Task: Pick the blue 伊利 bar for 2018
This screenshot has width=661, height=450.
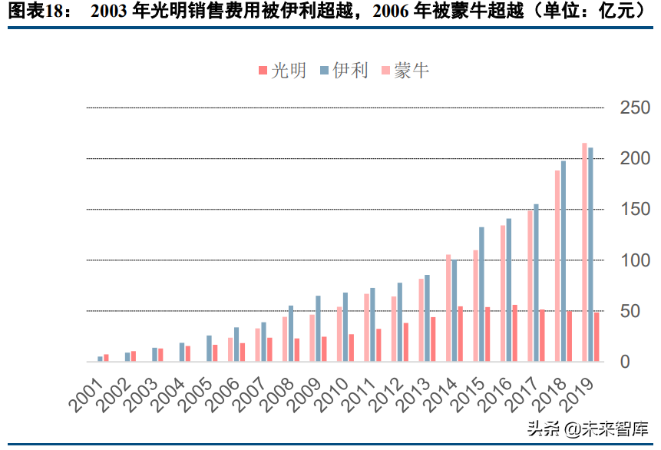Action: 564,260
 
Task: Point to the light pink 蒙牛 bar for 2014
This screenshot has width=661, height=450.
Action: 448,307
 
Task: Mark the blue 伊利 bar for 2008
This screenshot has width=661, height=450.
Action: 291,333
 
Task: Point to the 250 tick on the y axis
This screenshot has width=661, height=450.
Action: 635,108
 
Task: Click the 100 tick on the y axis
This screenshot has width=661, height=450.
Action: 635,260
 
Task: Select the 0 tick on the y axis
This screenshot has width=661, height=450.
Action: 625,361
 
